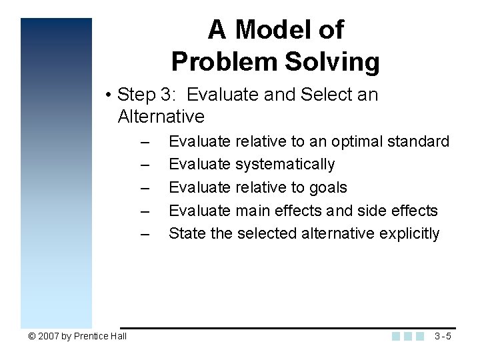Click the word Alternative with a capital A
[161, 117]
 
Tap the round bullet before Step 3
[108, 95]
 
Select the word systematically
[285, 164]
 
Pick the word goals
[328, 187]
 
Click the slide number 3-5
[443, 336]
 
